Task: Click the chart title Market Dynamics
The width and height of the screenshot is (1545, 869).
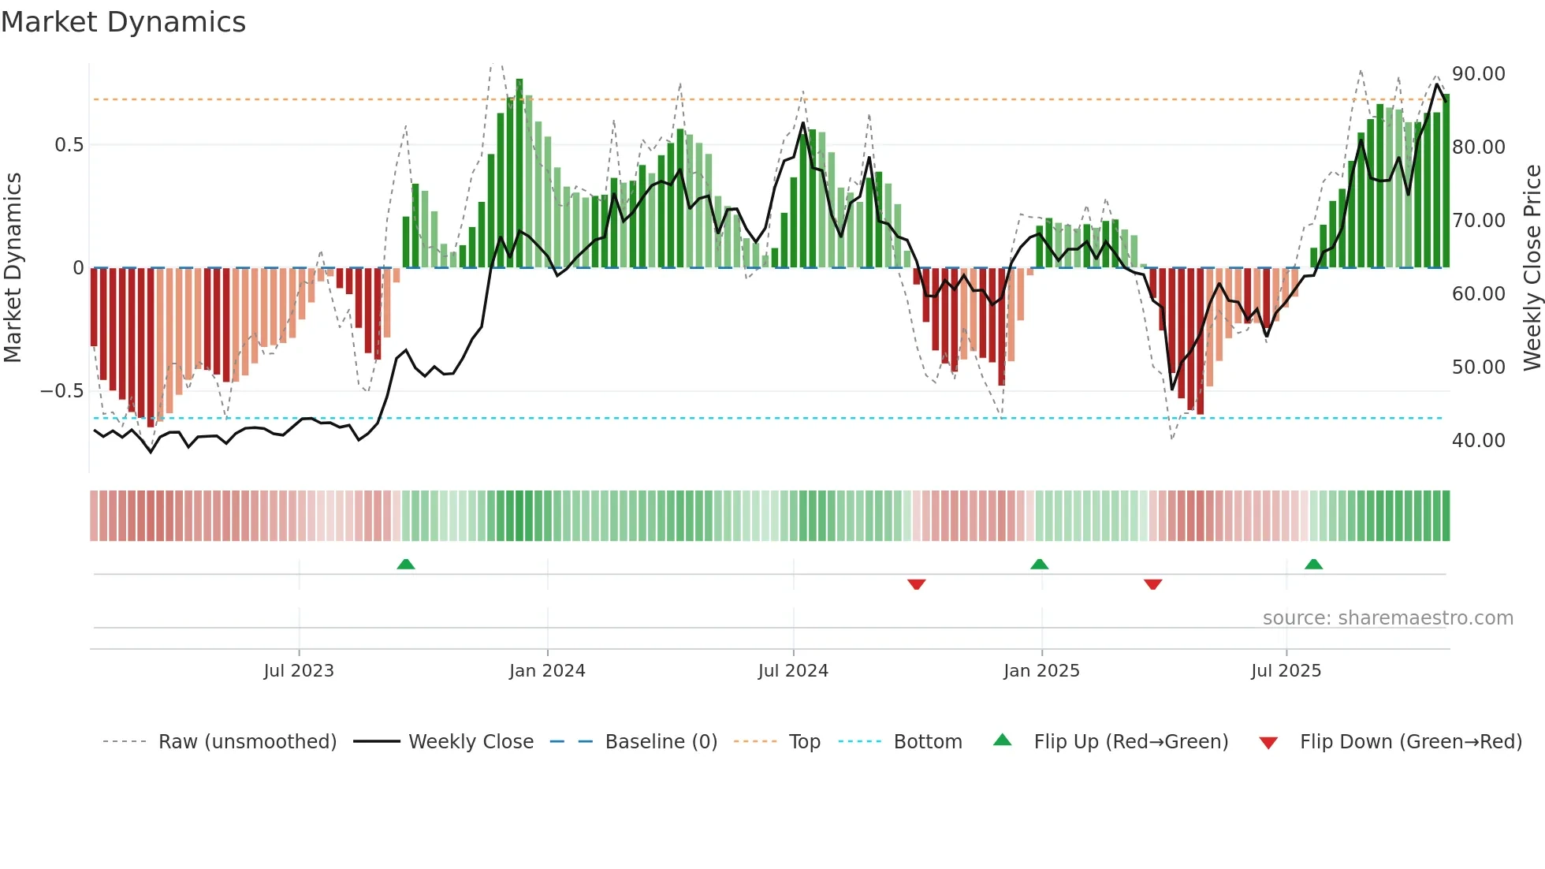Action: [124, 22]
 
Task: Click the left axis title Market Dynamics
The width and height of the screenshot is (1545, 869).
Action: [13, 267]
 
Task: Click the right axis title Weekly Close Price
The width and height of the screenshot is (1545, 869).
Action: [1532, 267]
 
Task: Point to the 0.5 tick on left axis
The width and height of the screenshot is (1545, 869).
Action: [69, 145]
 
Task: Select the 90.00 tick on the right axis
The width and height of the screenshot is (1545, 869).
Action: [1478, 74]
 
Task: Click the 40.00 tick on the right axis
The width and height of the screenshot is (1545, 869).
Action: [1478, 441]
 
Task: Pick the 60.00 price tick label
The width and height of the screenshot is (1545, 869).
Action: [1478, 294]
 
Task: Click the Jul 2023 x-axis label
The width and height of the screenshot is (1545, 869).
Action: [299, 671]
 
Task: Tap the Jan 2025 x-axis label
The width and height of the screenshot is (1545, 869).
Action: [1041, 671]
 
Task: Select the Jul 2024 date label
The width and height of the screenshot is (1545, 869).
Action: [793, 671]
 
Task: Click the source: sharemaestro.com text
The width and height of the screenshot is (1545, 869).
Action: [1387, 618]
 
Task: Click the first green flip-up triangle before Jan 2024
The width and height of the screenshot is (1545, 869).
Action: [406, 565]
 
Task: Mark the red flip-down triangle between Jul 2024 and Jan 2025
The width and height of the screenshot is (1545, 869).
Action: [916, 584]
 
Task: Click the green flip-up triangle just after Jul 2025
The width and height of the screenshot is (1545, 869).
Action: [1313, 565]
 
